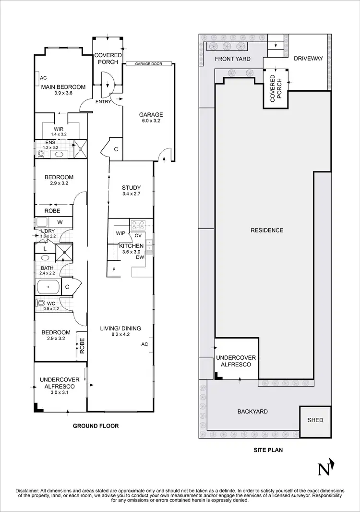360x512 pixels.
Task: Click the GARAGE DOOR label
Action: (148, 63)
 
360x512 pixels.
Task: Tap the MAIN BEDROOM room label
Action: (63, 87)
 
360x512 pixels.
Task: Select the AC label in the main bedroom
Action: (43, 78)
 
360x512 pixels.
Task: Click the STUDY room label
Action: (131, 188)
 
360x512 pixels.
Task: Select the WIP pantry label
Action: (120, 233)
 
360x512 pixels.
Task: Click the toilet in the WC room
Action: (41, 304)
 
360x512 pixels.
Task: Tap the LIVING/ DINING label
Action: (120, 329)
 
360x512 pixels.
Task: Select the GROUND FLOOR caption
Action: (96, 426)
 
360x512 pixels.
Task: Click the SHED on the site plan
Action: (315, 420)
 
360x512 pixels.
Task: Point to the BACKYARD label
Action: (252, 412)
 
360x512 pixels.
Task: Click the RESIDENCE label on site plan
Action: (267, 230)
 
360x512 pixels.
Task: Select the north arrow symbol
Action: (326, 467)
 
